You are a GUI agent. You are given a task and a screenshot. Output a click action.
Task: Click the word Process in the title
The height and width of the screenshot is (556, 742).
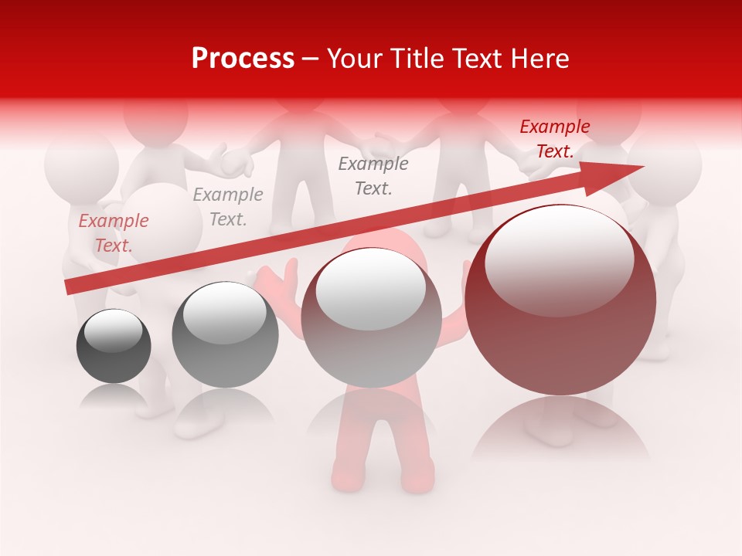coord(243,59)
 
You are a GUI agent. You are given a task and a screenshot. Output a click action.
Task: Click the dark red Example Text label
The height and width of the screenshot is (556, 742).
coord(554,139)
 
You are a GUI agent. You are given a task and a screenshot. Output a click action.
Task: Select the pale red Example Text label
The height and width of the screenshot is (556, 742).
coord(113,233)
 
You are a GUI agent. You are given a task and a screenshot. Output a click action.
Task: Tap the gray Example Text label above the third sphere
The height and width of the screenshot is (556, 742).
coord(373,175)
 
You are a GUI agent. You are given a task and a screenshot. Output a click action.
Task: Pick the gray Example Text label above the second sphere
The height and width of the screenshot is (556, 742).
coord(228,207)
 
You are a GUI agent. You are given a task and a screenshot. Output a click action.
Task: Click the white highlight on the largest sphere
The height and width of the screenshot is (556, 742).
coord(559,259)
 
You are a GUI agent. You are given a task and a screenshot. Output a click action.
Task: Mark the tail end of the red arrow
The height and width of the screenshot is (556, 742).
coord(70,286)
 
